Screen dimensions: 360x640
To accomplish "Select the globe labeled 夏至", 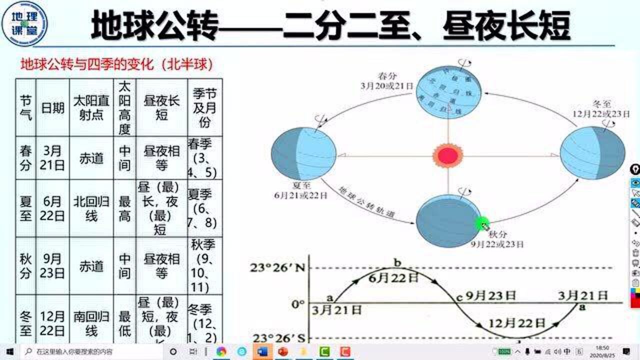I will click(303, 153).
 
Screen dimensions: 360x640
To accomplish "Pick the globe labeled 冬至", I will click(592, 153).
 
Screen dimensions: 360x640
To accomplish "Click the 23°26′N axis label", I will click(277, 267).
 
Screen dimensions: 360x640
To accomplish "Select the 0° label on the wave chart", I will click(298, 303).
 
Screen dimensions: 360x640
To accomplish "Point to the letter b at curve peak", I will click(397, 262).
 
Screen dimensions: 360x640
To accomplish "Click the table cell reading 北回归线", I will click(91, 209).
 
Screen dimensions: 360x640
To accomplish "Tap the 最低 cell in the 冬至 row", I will click(124, 323).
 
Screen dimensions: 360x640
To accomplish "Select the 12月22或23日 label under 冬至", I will click(601, 113).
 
